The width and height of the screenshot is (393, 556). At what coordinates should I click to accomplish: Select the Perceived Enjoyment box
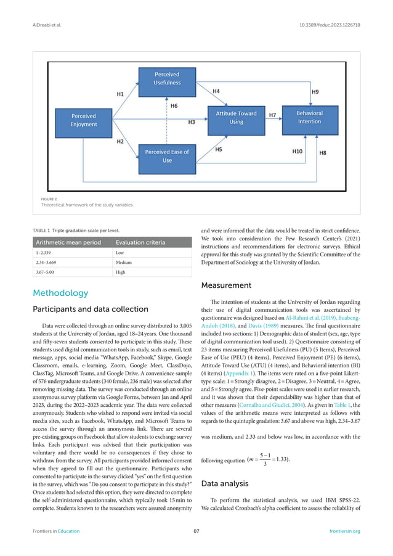point(84,120)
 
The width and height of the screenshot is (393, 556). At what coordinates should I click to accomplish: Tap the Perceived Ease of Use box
point(167,156)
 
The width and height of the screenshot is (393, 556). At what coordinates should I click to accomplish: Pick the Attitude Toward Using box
point(236,117)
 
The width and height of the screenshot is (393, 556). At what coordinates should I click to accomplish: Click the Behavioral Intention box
point(309,117)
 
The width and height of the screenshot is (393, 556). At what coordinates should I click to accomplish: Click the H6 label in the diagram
point(174,106)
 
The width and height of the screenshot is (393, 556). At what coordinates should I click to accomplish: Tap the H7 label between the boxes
point(272,115)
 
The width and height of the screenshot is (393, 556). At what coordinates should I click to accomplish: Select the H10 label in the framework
point(297,150)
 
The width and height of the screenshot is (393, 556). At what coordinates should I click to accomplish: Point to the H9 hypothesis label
point(315,92)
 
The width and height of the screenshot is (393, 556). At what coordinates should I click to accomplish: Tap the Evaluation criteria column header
point(142,242)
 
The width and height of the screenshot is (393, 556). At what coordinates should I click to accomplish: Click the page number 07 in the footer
point(197,531)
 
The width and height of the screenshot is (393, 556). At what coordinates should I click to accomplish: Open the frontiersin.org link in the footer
point(346,531)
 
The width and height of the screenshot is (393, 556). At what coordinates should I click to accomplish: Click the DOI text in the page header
point(330,27)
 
